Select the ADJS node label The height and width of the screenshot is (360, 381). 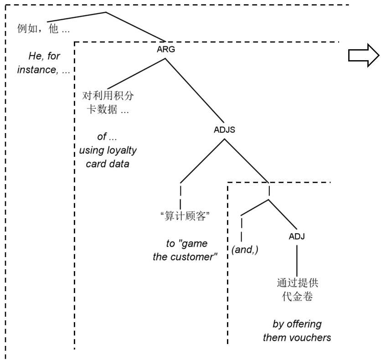224,129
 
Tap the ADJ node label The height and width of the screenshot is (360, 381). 297,237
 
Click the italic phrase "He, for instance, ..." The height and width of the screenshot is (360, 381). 45,64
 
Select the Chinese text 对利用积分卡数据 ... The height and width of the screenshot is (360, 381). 108,103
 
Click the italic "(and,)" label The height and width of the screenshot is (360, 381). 245,250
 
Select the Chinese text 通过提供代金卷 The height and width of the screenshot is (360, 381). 297,290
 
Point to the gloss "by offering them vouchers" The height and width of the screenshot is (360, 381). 297,331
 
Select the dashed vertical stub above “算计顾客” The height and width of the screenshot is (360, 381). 181,196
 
